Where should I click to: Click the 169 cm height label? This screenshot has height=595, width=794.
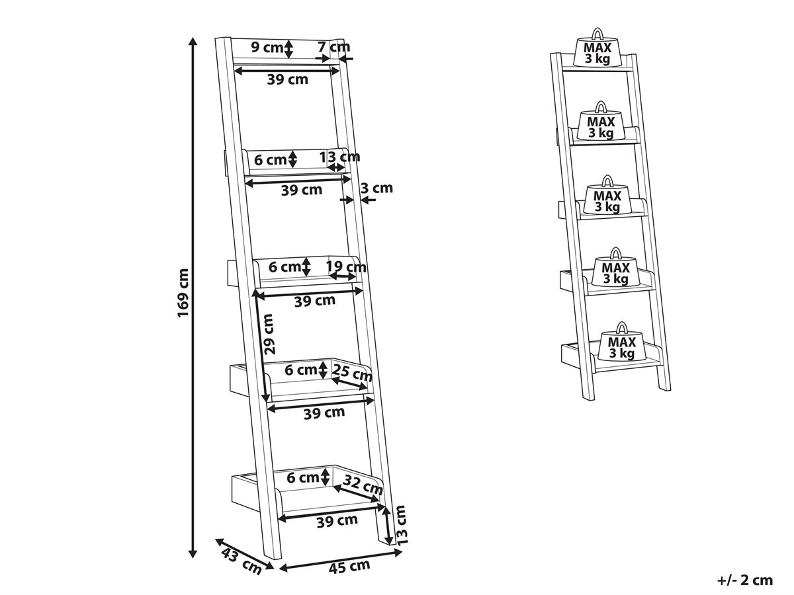click(183, 293)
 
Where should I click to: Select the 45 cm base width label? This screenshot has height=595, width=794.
click(349, 566)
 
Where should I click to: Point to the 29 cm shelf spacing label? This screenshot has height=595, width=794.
click(269, 333)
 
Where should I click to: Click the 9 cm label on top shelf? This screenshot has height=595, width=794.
click(267, 47)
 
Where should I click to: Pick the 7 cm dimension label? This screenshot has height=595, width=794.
click(334, 46)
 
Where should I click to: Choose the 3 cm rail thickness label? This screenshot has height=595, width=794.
click(376, 188)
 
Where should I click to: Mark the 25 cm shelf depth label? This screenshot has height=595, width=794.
click(352, 373)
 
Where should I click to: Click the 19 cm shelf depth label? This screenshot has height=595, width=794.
click(346, 267)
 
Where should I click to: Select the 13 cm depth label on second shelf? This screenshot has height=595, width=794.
click(339, 157)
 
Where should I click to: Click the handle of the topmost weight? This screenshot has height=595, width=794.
click(597, 33)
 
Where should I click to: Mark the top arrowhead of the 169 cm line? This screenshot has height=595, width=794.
click(193, 41)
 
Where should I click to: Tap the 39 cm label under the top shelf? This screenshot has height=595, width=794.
click(288, 79)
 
